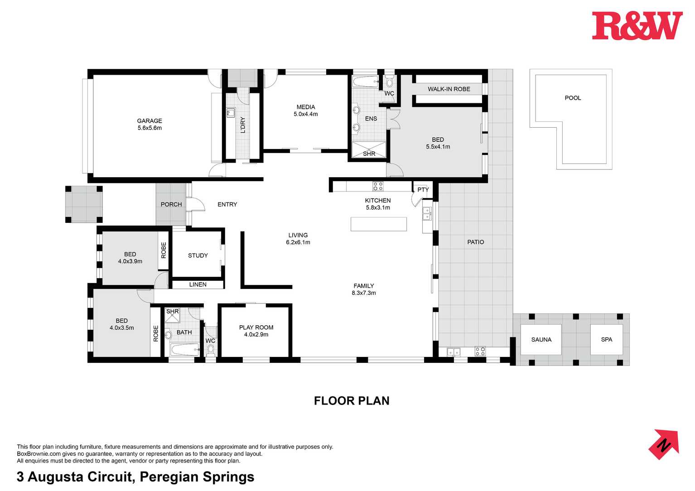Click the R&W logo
coord(637,26)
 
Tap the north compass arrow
coord(664,445)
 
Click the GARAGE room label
coord(150,120)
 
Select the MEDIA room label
coord(306,107)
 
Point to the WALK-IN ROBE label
coord(449,89)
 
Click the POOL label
coord(572,98)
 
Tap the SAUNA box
coord(541,339)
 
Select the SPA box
coord(606,339)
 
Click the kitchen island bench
coord(378,224)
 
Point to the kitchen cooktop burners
coord(378,187)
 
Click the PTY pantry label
coord(423,189)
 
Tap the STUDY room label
coord(198,255)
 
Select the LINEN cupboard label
coord(198,284)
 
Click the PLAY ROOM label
coord(256,327)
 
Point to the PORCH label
coord(171,204)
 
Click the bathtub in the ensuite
coord(365,82)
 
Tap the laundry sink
coord(230,113)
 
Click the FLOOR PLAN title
coord(352,400)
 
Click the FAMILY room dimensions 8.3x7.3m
coord(364,293)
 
